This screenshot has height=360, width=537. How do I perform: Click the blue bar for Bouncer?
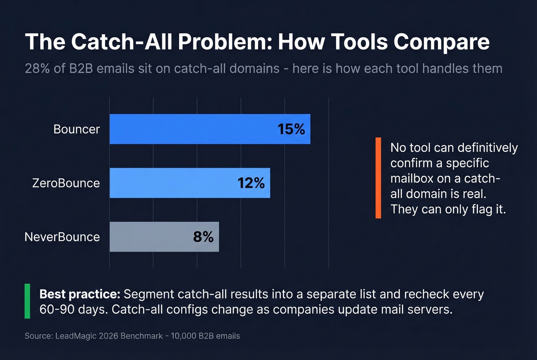coord(192,129)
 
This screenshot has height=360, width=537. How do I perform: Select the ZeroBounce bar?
coord(173,183)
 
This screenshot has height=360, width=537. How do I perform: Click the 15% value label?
coord(291,129)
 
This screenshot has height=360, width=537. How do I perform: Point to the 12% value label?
coord(251,183)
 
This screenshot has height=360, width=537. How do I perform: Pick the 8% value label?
coord(203,237)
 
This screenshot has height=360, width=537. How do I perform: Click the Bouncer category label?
coord(76,129)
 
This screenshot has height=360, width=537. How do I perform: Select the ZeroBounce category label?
coord(66,183)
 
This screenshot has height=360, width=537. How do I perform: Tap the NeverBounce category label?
coord(62,237)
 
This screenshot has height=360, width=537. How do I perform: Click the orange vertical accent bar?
coord(378,178)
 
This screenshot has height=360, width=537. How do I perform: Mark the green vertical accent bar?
coord(27,301)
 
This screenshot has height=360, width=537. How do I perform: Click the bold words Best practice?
coord(80,294)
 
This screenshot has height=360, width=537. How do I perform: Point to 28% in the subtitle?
coord(37,69)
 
